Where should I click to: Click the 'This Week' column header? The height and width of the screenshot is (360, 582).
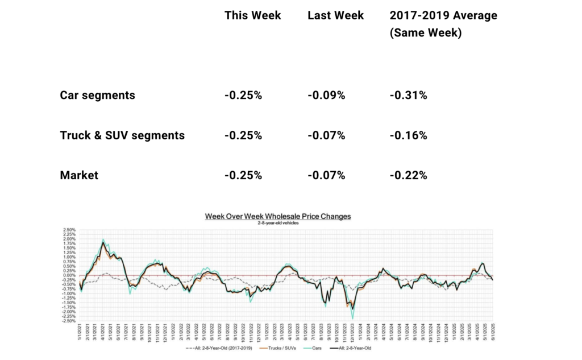pyautogui.click(x=252, y=15)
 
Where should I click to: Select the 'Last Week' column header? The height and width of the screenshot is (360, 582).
pyautogui.click(x=336, y=15)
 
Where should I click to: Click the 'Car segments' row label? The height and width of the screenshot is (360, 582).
pyautogui.click(x=97, y=95)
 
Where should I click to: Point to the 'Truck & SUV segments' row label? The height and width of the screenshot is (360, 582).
pyautogui.click(x=122, y=135)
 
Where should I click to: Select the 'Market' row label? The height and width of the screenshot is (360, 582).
pyautogui.click(x=79, y=175)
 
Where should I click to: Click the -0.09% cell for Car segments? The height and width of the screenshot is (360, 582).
pyautogui.click(x=326, y=95)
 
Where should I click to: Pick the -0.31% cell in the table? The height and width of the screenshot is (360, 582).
pyautogui.click(x=408, y=95)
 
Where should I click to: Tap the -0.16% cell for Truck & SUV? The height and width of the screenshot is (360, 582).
pyautogui.click(x=408, y=135)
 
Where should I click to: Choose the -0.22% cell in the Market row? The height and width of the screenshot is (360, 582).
pyautogui.click(x=408, y=175)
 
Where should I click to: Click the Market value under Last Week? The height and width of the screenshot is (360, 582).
pyautogui.click(x=326, y=175)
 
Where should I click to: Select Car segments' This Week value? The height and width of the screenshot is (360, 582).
pyautogui.click(x=243, y=95)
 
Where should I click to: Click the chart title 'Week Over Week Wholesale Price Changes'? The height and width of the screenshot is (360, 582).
pyautogui.click(x=278, y=217)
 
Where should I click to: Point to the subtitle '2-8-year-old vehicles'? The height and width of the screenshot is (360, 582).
pyautogui.click(x=278, y=223)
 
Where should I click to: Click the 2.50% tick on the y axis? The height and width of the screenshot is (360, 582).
pyautogui.click(x=69, y=229)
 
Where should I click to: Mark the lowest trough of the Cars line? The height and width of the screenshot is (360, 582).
pyautogui.click(x=353, y=318)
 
